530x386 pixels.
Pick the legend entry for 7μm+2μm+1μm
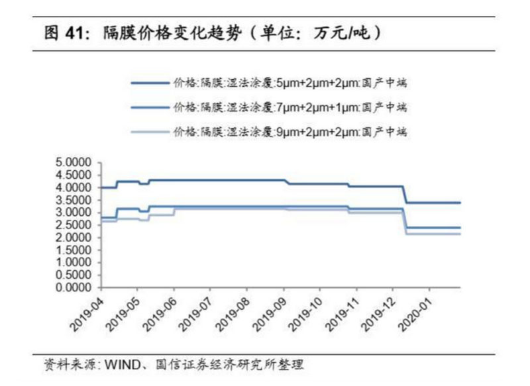288,107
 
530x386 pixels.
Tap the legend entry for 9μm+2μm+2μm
288,132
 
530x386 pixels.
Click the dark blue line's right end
460,203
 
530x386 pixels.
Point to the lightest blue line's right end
460,234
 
